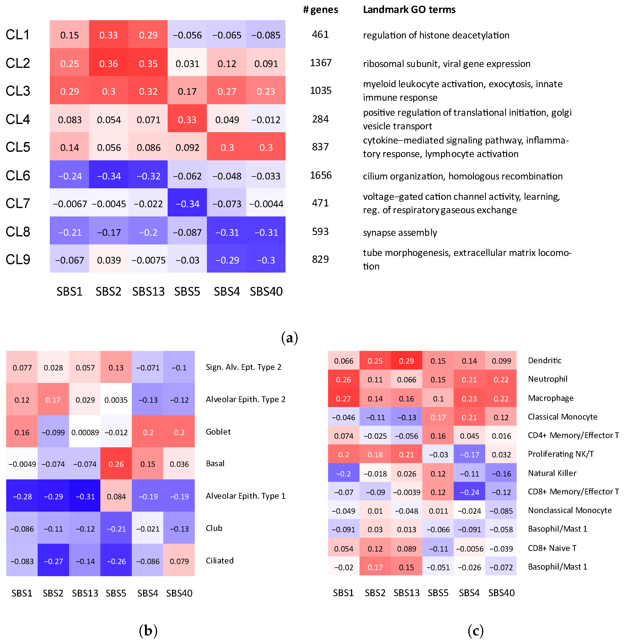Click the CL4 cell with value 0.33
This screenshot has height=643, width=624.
[187, 120]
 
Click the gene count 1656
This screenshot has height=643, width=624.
[321, 176]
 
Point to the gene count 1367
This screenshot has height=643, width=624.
[321, 63]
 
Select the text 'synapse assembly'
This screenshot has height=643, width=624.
[400, 233]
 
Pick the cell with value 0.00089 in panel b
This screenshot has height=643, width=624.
[85, 432]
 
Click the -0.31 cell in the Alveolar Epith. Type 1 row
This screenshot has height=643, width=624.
[85, 497]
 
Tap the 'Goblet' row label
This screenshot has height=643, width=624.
[218, 432]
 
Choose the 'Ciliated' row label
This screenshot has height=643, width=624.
[220, 561]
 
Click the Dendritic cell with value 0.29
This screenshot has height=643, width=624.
[406, 361]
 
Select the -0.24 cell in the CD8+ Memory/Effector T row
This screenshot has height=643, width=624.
[469, 492]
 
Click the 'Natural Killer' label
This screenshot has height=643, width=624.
[552, 473]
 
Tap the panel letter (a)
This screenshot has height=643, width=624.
[290, 338]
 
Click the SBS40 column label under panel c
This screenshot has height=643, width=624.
[501, 593]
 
